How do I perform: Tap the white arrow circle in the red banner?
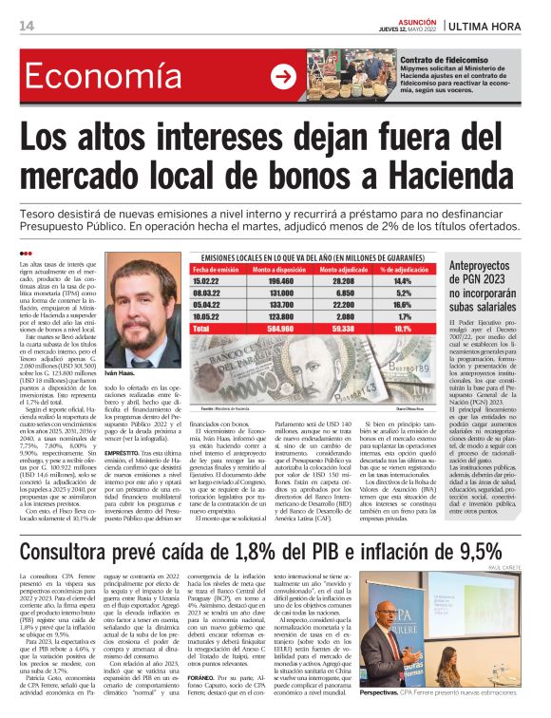click(x=282, y=78)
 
